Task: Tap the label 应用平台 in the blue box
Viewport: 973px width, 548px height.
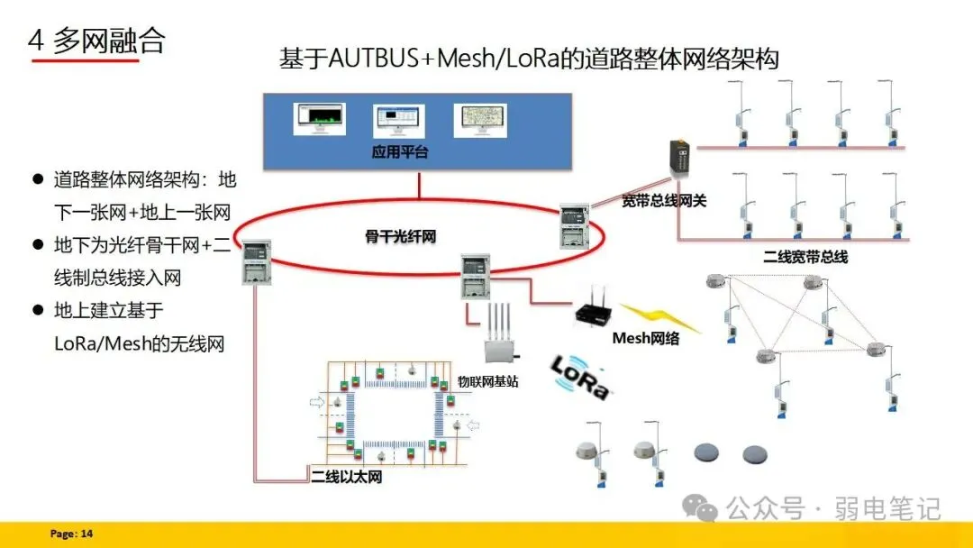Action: tap(400, 152)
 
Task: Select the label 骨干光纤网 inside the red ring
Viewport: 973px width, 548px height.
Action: tap(400, 237)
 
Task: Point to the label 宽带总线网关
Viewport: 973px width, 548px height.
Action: tap(663, 200)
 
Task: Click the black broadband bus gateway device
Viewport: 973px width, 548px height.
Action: tap(678, 162)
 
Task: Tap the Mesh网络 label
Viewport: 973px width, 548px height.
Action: tap(646, 339)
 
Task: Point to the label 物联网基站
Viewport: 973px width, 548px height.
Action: tap(487, 381)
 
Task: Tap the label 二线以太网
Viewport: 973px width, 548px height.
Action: tap(347, 476)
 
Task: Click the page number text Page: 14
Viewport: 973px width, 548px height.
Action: tap(71, 534)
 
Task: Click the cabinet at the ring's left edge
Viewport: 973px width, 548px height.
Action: tap(257, 261)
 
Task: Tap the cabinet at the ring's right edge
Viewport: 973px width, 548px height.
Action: tap(574, 225)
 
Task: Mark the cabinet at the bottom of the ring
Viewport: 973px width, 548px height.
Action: tap(475, 277)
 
